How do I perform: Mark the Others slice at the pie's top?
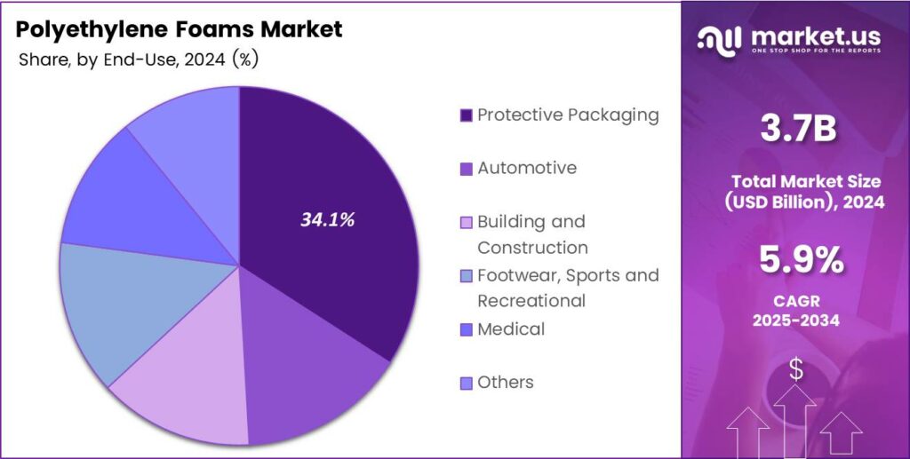pyautogui.click(x=191, y=133)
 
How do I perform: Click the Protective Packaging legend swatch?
pyautogui.click(x=466, y=115)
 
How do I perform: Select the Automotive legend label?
pyautogui.click(x=526, y=168)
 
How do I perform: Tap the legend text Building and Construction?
pyautogui.click(x=531, y=234)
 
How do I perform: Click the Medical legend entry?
pyautogui.click(x=510, y=329)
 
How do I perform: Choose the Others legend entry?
pyautogui.click(x=505, y=383)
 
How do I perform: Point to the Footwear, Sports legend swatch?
pyautogui.click(x=466, y=276)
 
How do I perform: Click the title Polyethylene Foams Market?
pyautogui.click(x=179, y=28)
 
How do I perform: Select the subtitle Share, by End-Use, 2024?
pyautogui.click(x=138, y=59)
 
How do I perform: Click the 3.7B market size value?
pyautogui.click(x=797, y=131)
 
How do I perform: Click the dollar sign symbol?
pyautogui.click(x=796, y=370)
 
